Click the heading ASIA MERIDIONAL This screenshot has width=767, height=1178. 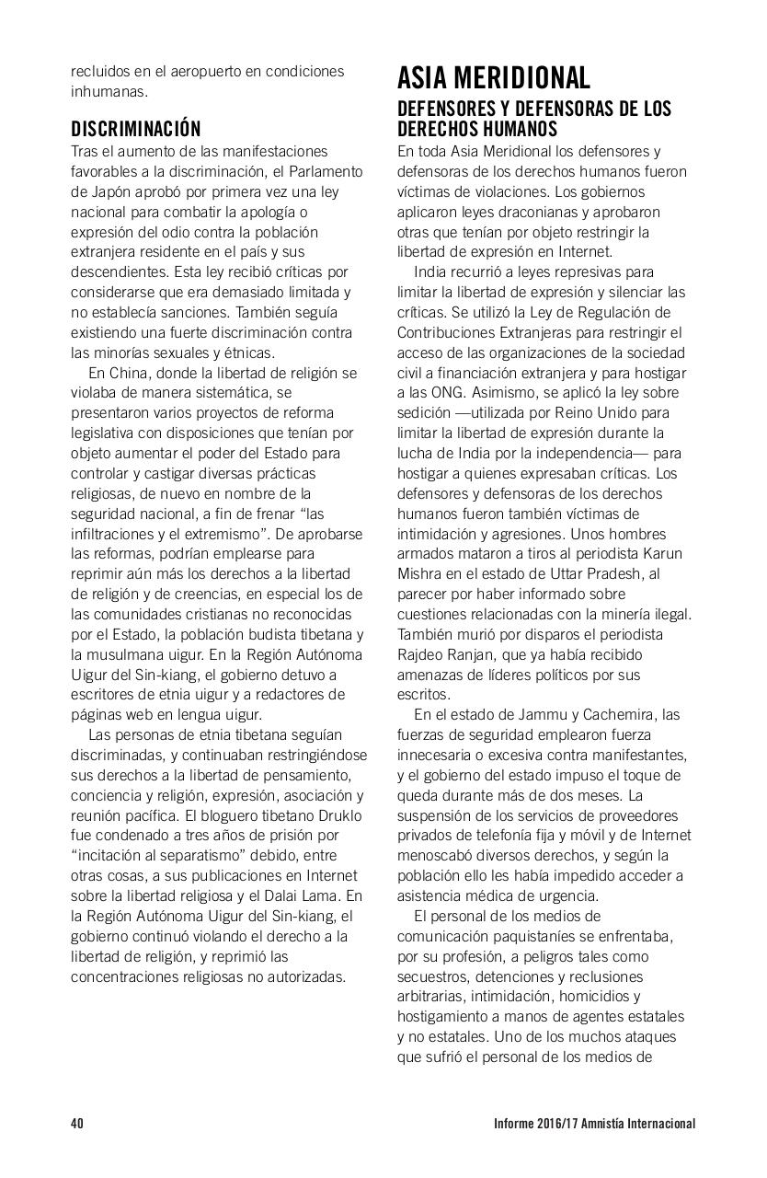point(493,76)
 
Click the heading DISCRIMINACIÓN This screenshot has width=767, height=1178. point(135,129)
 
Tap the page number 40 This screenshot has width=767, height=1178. point(77,1124)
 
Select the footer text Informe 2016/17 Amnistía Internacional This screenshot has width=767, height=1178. point(593,1124)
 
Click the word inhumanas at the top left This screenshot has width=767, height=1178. point(108,91)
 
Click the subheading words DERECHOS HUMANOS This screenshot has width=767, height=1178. point(477,130)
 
